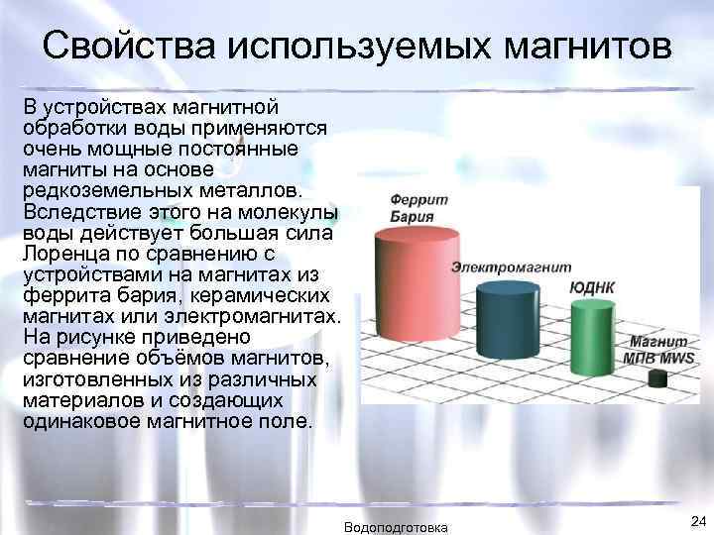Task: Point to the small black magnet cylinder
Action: pyautogui.click(x=656, y=377)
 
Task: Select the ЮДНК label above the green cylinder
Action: pyautogui.click(x=592, y=288)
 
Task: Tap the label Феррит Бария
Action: pyautogui.click(x=418, y=207)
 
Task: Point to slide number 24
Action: pyautogui.click(x=694, y=521)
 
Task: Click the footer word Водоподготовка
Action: pyautogui.click(x=396, y=526)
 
